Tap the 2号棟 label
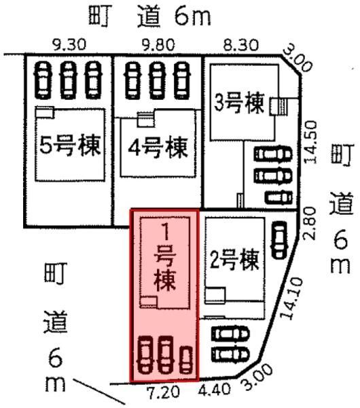234,260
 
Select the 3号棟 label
239,103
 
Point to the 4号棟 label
158,148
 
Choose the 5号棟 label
70,145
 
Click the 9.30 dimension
69,45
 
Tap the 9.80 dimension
158,45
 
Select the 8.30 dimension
241,45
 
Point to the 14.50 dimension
310,142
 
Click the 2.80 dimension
310,224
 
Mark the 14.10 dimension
292,299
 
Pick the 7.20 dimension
163,392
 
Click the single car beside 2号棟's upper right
279,240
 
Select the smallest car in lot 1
187,359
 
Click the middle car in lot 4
156,81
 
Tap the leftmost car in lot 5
43,80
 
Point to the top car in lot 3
273,154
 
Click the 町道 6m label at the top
149,16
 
